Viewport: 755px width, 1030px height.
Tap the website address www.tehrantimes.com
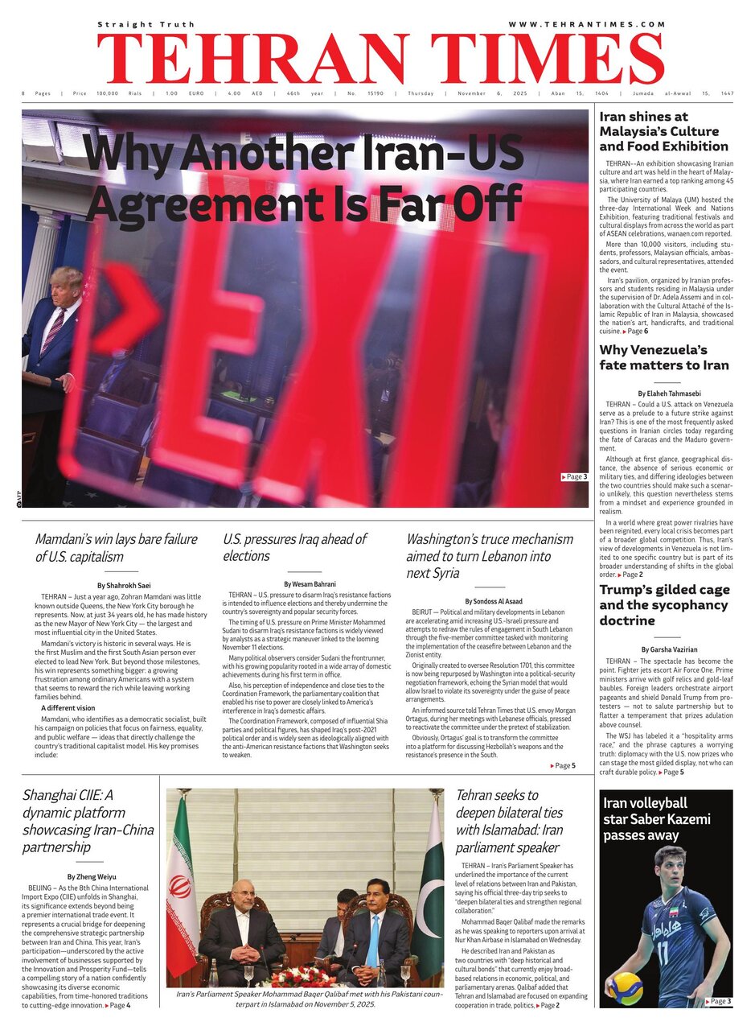pos(588,25)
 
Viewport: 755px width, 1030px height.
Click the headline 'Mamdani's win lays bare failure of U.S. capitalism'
pos(116,547)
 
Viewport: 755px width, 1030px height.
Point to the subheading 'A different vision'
pos(68,707)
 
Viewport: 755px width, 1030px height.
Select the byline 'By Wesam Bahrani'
pos(310,583)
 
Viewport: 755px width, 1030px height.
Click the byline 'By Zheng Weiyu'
pos(91,875)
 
